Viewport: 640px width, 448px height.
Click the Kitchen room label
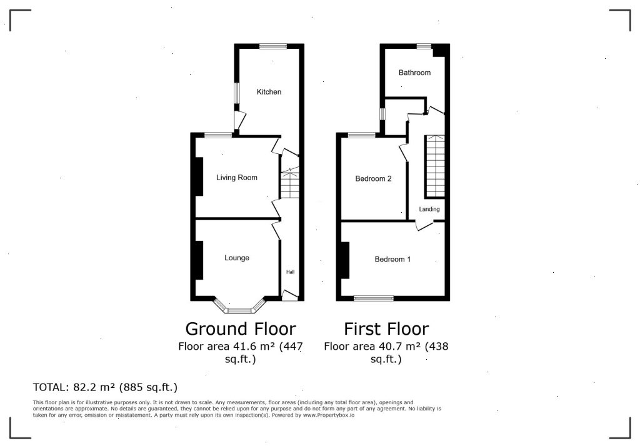click(x=269, y=92)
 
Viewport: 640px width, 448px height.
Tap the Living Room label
click(x=237, y=178)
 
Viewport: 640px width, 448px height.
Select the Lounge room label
click(x=237, y=258)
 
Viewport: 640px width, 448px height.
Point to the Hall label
click(x=290, y=272)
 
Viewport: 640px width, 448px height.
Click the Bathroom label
click(x=415, y=73)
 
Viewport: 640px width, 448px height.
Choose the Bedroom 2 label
click(x=374, y=178)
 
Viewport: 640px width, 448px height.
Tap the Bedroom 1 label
click(x=392, y=259)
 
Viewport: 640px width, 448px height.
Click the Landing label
click(x=429, y=209)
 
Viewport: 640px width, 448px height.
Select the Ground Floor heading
click(x=241, y=328)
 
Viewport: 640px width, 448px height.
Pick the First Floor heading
click(x=386, y=328)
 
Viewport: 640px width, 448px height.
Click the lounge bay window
click(x=239, y=307)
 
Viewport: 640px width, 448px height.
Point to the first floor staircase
click(x=435, y=166)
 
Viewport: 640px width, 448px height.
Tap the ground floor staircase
click(x=290, y=183)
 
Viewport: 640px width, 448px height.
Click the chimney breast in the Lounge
click(x=199, y=260)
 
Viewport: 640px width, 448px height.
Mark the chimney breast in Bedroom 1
click(x=345, y=260)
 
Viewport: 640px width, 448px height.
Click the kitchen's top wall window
click(x=273, y=46)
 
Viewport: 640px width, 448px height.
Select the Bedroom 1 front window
click(x=374, y=299)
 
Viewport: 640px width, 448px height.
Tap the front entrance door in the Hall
click(x=290, y=296)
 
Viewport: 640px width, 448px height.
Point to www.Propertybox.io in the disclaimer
click(x=329, y=415)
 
